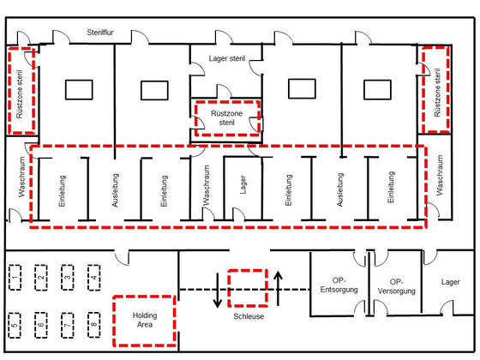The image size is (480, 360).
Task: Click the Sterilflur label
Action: [x=100, y=33]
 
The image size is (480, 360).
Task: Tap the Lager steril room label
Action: [x=227, y=58]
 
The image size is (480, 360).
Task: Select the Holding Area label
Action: [x=145, y=320]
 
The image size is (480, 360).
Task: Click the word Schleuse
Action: [x=249, y=316]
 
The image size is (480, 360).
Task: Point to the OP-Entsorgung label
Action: [x=339, y=285]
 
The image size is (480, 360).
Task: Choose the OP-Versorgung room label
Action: [x=396, y=286]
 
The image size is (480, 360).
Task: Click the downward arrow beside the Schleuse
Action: [x=218, y=291]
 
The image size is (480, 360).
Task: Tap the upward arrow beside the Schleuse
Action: [x=278, y=288]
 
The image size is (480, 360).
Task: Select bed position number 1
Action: [x=15, y=278]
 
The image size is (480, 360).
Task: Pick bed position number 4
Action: [x=94, y=278]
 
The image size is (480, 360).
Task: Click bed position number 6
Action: [x=41, y=325]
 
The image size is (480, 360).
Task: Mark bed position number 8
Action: [x=94, y=325]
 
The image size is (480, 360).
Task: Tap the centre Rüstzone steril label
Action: [x=226, y=118]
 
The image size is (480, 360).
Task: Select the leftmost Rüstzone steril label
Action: [x=19, y=94]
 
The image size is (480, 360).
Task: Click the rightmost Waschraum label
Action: [x=440, y=175]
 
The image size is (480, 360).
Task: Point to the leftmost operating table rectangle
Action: [x=79, y=90]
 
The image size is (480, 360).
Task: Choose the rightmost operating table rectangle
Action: [x=377, y=90]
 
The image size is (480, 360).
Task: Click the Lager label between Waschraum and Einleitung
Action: [x=243, y=184]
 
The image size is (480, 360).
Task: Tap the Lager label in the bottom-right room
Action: [x=450, y=282]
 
